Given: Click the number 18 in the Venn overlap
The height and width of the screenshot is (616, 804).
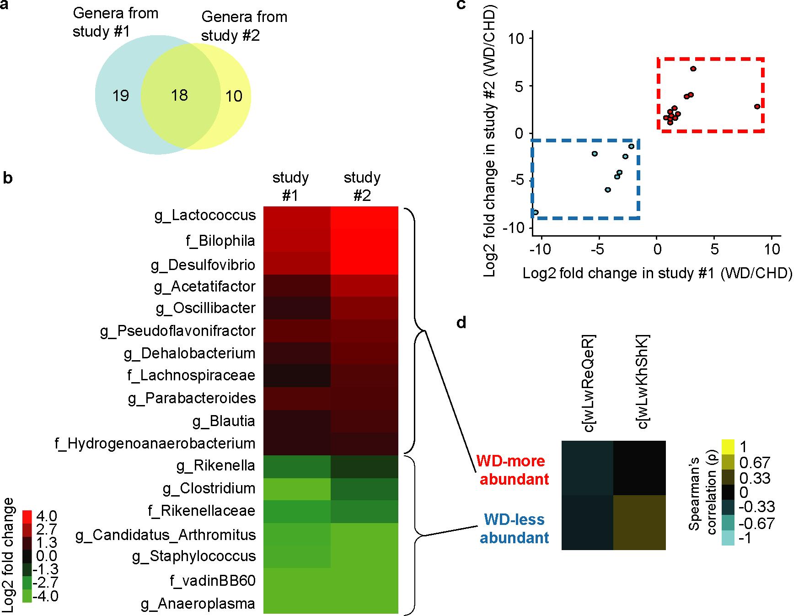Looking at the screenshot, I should click(x=180, y=95).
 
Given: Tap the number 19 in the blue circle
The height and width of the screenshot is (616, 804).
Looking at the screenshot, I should click(x=121, y=96).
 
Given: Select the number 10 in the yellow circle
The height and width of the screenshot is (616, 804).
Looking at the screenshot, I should click(x=234, y=96).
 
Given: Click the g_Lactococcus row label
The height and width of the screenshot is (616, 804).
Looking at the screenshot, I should click(x=205, y=216).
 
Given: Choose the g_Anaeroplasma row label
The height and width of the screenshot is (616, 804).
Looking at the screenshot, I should click(x=198, y=604).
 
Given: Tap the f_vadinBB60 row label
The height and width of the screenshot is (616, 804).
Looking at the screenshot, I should click(x=212, y=581).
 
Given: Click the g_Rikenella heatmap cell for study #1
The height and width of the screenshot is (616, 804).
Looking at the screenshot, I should click(x=297, y=466).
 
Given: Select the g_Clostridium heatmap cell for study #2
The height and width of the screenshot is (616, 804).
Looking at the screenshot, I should click(x=364, y=489).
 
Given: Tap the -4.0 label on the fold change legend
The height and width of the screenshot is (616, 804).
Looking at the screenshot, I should click(x=46, y=596).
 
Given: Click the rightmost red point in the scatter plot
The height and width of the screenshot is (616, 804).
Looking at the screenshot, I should click(x=757, y=107).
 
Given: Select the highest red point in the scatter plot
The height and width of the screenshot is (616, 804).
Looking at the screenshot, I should click(x=693, y=69).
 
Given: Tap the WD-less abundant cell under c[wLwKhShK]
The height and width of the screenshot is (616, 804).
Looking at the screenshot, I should click(x=639, y=522).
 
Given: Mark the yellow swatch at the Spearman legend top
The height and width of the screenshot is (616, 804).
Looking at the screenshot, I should click(x=728, y=446).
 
